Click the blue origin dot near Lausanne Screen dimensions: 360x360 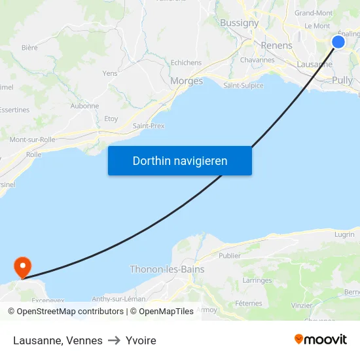338,42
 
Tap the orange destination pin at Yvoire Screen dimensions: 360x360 22,266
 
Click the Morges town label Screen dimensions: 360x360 187,81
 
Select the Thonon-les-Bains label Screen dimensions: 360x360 167,269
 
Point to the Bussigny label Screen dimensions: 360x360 240,23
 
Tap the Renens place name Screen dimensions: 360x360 276,46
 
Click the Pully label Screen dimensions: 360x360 342,80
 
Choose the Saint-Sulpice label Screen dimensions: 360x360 243,86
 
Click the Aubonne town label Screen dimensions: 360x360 84,106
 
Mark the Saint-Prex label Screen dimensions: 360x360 149,126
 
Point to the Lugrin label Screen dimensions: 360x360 344,234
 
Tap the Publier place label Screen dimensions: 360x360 230,256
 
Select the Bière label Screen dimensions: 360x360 29,48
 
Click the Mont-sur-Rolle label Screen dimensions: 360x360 32,139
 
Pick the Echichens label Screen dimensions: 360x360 186,63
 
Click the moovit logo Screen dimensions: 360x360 320,339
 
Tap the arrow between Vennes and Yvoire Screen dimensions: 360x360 114,340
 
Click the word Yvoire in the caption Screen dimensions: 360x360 141,340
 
